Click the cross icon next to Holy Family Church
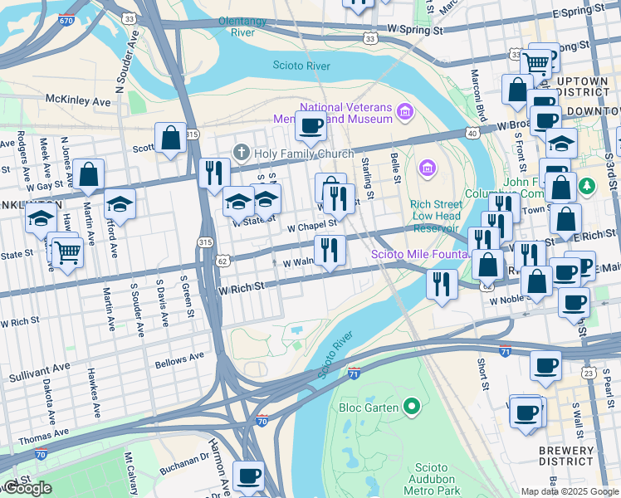(242, 152)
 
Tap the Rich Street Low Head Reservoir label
(434, 217)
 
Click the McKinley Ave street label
(78, 100)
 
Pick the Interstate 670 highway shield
(66, 19)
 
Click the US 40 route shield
(472, 133)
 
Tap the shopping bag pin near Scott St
(170, 139)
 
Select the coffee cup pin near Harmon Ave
(247, 476)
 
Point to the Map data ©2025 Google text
(570, 491)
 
